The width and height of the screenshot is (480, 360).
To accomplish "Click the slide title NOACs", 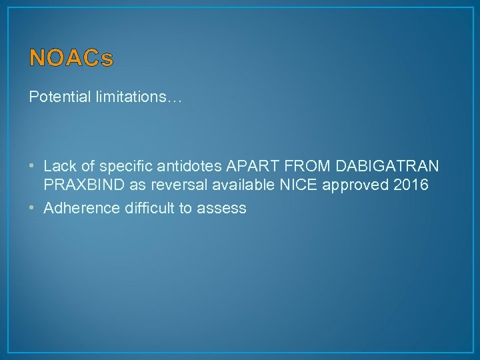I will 71,59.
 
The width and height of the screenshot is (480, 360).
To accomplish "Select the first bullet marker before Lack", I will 33,165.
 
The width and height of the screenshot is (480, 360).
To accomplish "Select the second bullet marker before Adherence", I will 33,208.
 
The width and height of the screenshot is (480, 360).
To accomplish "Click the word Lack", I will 59,165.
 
